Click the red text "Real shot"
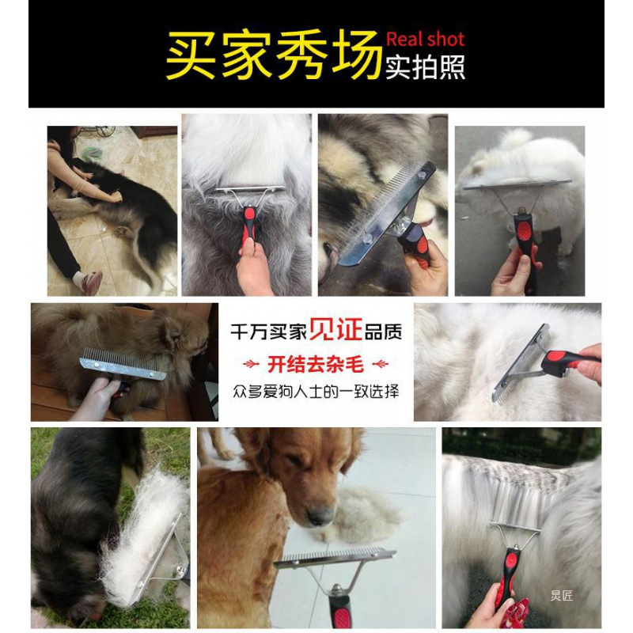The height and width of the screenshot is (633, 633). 425,39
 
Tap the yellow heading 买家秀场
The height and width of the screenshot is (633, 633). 274,55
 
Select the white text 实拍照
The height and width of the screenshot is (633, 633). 426,67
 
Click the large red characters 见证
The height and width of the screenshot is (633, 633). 335,329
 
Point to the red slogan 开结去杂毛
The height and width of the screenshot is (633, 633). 316,365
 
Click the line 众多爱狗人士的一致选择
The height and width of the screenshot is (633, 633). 316,391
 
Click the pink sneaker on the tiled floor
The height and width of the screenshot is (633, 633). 91,282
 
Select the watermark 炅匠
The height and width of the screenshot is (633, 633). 561,595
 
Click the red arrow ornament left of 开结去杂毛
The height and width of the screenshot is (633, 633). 251,365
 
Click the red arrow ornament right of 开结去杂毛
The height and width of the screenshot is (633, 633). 380,365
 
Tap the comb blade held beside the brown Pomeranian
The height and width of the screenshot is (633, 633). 123,363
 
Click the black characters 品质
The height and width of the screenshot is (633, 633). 383,332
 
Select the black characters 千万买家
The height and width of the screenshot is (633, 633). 268,332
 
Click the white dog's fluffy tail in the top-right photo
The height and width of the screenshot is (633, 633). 515,140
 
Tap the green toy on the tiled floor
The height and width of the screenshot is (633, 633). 92,154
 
